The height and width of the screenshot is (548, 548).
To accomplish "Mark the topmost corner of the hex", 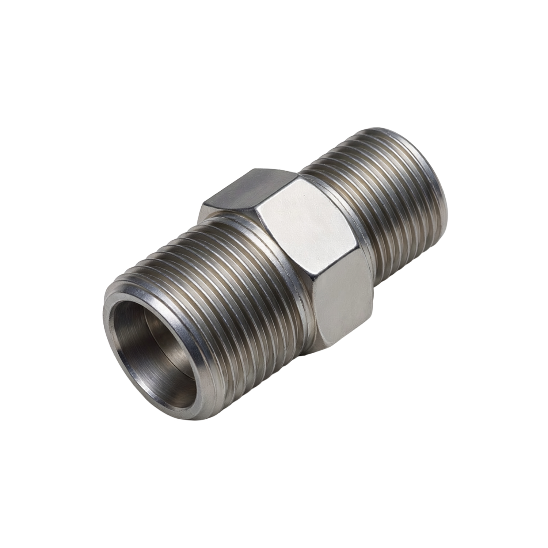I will point(256,169).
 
